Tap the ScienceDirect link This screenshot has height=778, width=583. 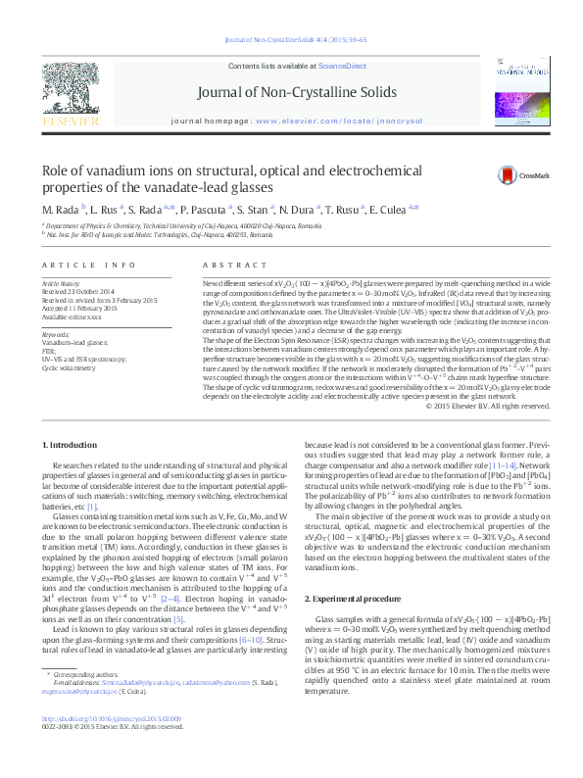point(343,65)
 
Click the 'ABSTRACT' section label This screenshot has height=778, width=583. point(228,266)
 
